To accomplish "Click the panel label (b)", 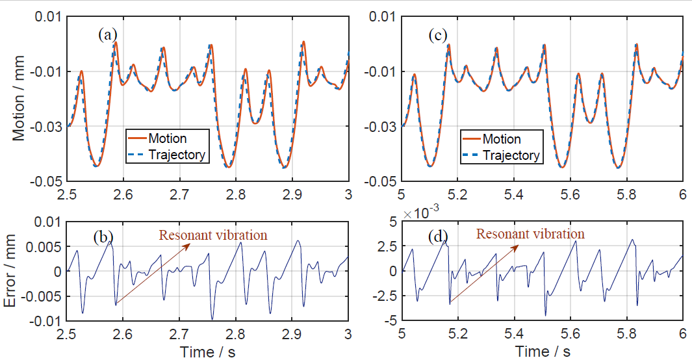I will pyautogui.click(x=102, y=237).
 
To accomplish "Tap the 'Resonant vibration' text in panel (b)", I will pyautogui.click(x=213, y=235).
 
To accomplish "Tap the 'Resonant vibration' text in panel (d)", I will pyautogui.click(x=530, y=234).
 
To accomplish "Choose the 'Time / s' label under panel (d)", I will pyautogui.click(x=543, y=352).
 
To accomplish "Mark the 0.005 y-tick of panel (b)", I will pyautogui.click(x=47, y=247).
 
